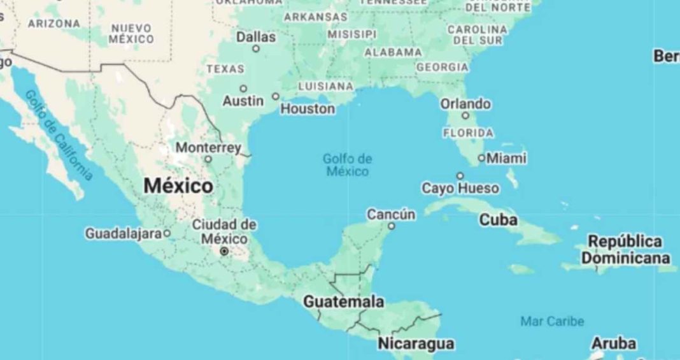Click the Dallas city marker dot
coord(256,48)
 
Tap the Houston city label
coord(308,109)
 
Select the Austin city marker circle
coord(243,89)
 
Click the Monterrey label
coord(208,148)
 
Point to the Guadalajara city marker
coord(167,233)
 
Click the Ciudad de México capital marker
coord(224,252)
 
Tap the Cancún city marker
coord(392,226)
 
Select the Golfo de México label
coord(347,165)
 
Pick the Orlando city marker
coord(465,115)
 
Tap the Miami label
coord(507,157)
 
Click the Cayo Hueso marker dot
coord(460,176)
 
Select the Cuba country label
coord(498,220)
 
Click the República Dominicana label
coord(625,250)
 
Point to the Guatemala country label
coord(343,301)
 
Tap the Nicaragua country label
coord(416,344)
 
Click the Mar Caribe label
coord(552,321)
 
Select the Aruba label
coord(614,343)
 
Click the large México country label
coord(178,186)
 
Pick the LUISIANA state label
coord(325,85)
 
